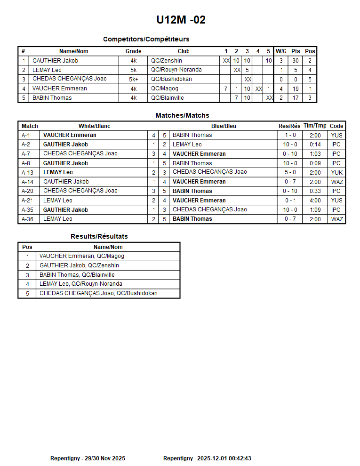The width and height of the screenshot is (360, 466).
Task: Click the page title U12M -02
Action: [x=181, y=20]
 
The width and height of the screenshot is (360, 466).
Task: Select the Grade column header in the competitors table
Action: [x=133, y=51]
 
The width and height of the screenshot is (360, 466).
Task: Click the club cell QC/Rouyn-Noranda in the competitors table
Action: [x=176, y=70]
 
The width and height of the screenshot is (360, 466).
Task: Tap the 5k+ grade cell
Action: [x=133, y=79]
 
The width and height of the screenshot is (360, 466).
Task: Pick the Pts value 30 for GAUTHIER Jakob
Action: [x=296, y=61]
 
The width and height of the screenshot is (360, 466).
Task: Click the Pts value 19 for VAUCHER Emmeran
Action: [x=296, y=88]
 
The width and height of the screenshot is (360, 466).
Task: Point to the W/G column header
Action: [x=281, y=51]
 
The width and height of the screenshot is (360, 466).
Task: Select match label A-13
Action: [x=27, y=172]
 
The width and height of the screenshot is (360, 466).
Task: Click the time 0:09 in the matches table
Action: [x=315, y=163]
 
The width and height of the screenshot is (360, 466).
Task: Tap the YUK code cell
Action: [x=336, y=172]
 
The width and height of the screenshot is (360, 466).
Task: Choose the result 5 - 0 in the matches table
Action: [x=290, y=172]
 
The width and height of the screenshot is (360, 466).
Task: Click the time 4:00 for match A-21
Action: [x=315, y=201]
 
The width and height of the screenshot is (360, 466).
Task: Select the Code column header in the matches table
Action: [x=336, y=126]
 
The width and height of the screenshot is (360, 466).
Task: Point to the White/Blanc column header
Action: [x=94, y=126]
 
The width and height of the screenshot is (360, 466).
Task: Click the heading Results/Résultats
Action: [x=99, y=236]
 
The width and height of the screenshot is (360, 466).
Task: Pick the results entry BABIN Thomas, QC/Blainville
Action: [x=77, y=275]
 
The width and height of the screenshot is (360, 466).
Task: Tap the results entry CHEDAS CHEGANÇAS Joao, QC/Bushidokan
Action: [x=98, y=293]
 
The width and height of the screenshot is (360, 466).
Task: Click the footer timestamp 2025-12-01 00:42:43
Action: [x=224, y=458]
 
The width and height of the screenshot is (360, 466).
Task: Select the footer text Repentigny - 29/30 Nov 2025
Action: [x=88, y=458]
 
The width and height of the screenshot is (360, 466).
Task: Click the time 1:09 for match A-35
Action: [x=315, y=209]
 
